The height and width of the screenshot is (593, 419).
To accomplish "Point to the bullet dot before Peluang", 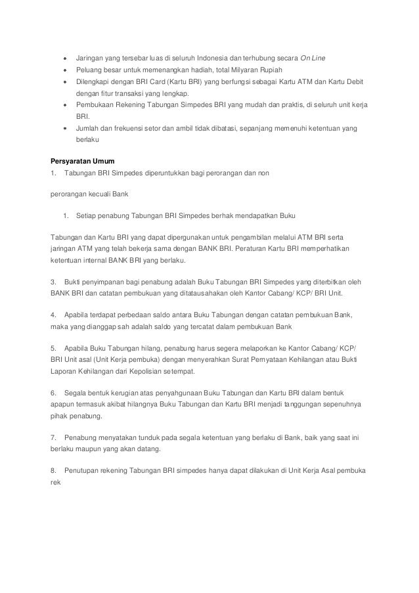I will click(64, 69).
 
